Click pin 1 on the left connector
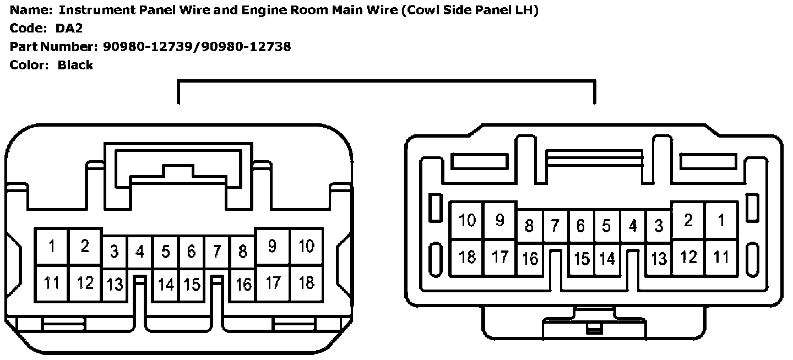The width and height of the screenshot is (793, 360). [52, 247]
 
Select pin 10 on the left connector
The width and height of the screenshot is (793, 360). [306, 247]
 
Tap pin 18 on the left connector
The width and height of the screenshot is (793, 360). [306, 283]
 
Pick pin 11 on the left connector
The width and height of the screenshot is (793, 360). [52, 283]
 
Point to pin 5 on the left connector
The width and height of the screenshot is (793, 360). [165, 252]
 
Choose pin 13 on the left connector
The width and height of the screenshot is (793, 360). [115, 285]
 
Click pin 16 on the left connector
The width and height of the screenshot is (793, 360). [243, 285]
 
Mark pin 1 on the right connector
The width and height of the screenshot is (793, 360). [721, 220]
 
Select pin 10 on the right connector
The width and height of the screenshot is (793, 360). [467, 220]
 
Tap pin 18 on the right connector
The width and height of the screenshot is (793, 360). [467, 257]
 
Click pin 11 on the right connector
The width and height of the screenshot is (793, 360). [721, 257]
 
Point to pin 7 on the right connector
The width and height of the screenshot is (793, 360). [555, 226]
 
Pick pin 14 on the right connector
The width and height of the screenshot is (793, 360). [607, 259]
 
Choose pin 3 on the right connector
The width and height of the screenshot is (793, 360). [659, 226]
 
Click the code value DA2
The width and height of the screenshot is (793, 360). [69, 29]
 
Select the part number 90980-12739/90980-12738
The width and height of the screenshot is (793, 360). [197, 47]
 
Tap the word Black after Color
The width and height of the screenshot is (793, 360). [75, 65]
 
